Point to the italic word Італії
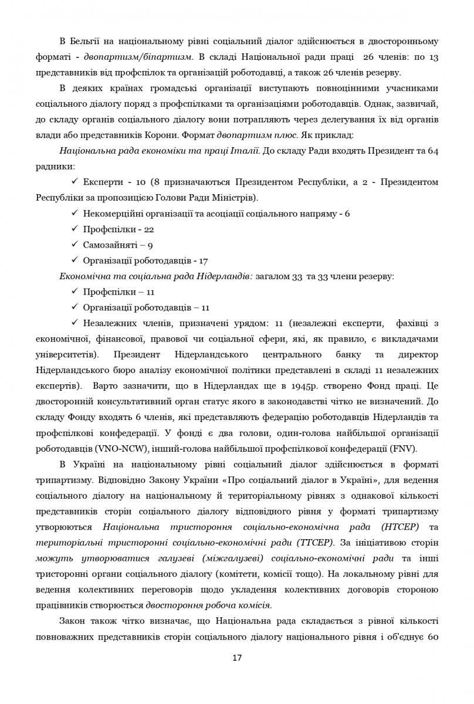[243, 151]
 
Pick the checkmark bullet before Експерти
[75, 182]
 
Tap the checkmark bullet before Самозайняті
[75, 245]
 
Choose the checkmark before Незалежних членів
[75, 323]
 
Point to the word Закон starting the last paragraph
[73, 621]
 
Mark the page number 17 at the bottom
[237, 658]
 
